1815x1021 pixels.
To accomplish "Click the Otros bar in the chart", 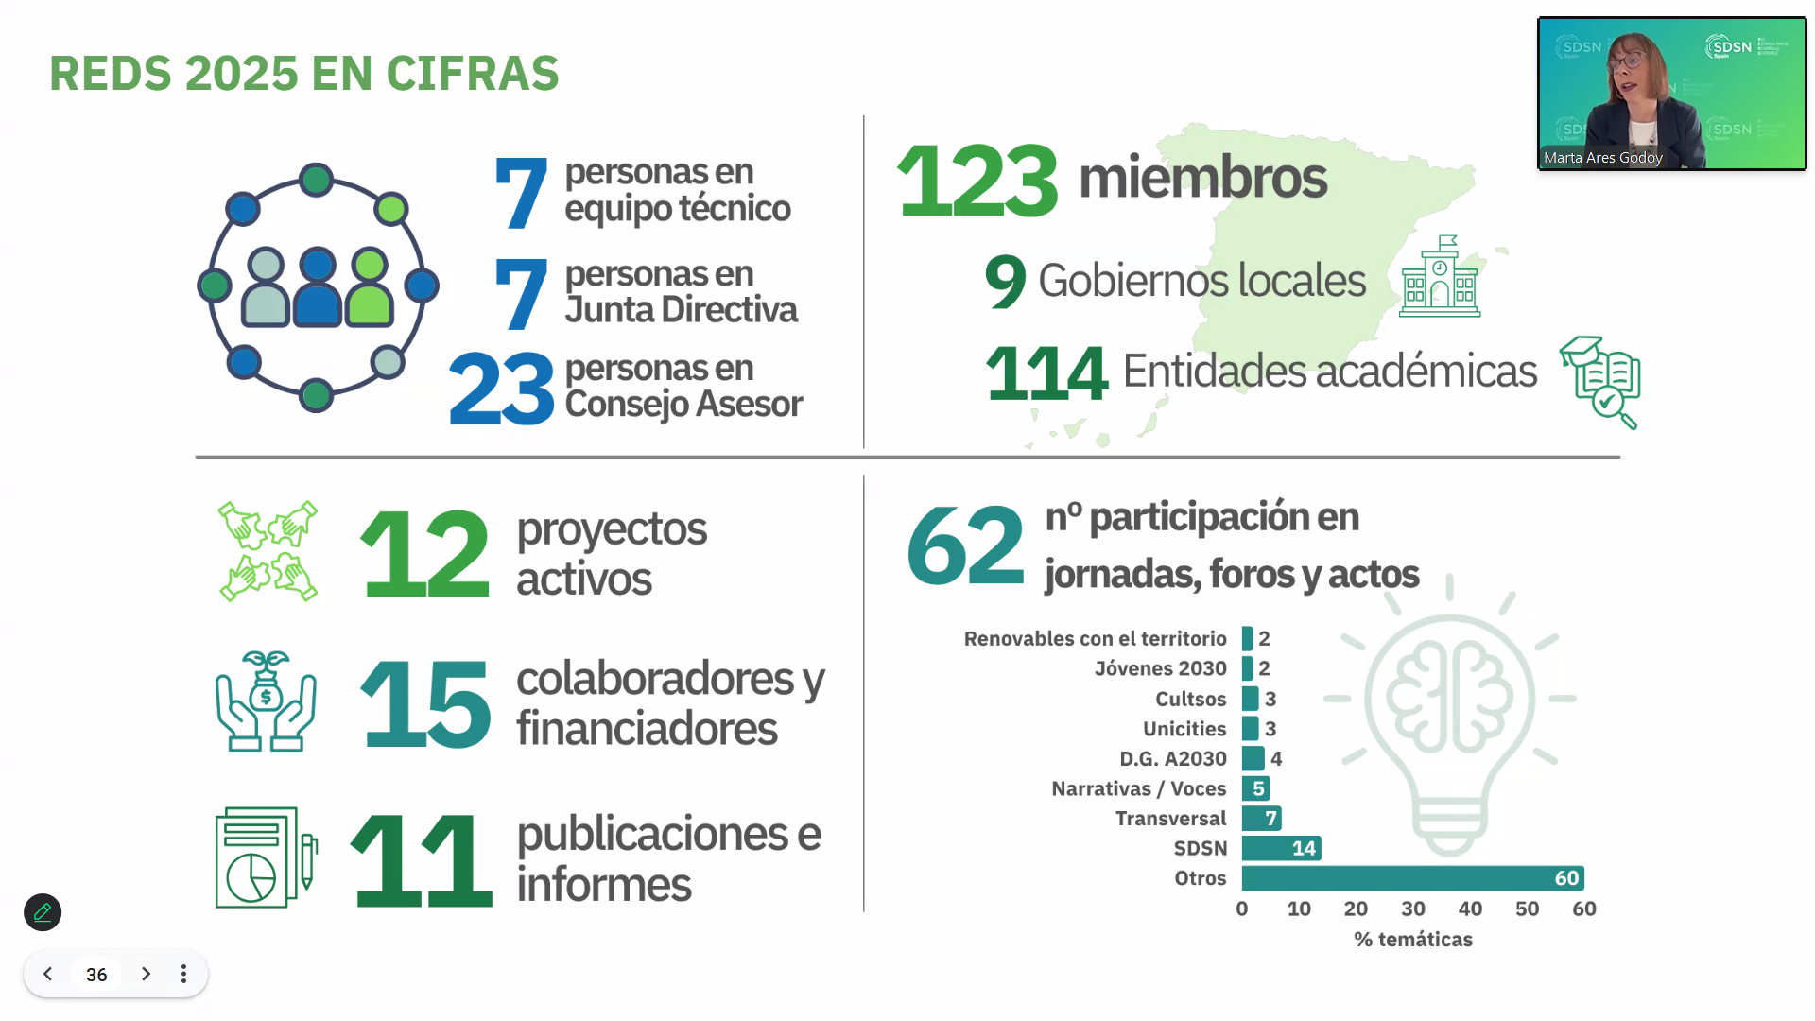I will (x=1412, y=878).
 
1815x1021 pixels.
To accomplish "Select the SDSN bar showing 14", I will (x=1281, y=848).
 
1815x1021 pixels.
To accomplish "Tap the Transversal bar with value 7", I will (x=1261, y=818).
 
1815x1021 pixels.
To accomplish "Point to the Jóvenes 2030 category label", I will (x=1160, y=668).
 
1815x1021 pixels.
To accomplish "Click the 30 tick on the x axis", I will (x=1412, y=909).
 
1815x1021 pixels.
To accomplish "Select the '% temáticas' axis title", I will (x=1412, y=939).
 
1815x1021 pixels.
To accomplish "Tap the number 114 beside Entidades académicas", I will (x=1046, y=372).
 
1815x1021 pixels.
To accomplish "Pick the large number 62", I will (x=965, y=545).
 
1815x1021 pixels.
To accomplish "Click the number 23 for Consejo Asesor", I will (x=501, y=388).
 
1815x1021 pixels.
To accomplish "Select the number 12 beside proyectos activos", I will (x=424, y=554).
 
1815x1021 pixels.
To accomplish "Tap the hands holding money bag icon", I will (x=266, y=701).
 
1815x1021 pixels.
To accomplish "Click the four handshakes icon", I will (x=268, y=551).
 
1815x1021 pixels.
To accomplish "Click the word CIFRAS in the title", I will (x=473, y=74).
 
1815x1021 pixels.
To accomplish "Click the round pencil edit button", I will (x=43, y=912).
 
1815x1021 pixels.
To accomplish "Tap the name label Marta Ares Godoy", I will (x=1602, y=158).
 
